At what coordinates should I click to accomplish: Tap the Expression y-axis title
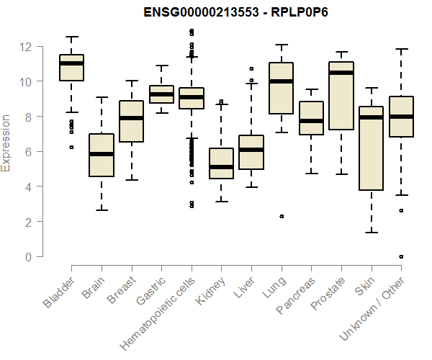[x=6, y=142]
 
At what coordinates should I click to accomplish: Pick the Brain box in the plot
[x=102, y=155]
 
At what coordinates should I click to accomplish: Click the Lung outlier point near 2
[x=282, y=216]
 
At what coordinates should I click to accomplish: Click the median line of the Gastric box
[x=161, y=94]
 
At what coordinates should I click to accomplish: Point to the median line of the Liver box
[x=251, y=150]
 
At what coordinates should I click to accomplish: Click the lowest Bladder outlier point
[x=71, y=147]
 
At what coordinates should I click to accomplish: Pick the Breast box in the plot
[x=131, y=121]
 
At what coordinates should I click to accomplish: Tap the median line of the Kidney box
[x=221, y=167]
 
